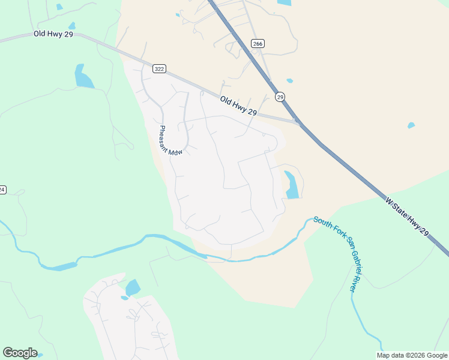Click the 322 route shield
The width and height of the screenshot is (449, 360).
(159, 69)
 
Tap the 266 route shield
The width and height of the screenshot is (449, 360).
(258, 44)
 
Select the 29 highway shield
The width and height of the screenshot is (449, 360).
(280, 97)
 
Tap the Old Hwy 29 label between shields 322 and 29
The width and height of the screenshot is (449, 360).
(238, 106)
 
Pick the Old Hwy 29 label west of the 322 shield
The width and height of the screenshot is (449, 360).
(53, 35)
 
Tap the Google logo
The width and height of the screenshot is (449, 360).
(20, 353)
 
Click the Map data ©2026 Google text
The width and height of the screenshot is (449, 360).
(412, 355)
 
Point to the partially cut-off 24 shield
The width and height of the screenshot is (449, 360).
(2, 190)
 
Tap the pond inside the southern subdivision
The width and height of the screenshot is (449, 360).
(133, 287)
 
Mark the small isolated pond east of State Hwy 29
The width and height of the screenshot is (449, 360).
(411, 125)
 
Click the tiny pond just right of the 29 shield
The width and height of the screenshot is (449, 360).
(290, 80)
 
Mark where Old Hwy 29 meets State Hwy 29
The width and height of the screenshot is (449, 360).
(298, 122)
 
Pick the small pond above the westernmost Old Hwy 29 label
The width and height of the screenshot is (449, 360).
(72, 26)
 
